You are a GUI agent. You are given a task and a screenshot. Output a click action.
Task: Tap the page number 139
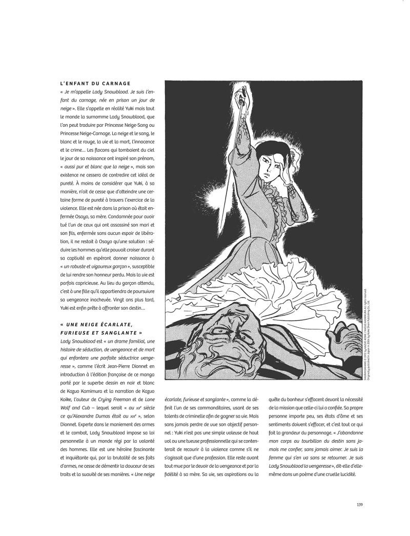click(x=359, y=504)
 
